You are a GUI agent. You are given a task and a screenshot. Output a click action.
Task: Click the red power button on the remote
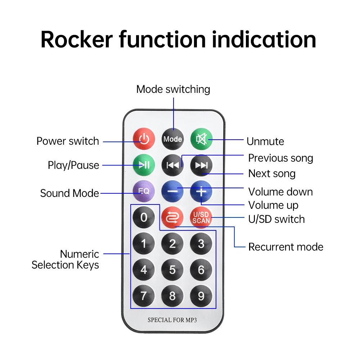(144, 139)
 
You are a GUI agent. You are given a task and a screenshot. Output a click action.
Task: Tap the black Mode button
(172, 139)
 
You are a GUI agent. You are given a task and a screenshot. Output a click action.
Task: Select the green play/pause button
(144, 165)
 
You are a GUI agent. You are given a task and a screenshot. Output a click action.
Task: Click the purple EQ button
(144, 191)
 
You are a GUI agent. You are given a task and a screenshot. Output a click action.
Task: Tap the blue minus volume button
(172, 191)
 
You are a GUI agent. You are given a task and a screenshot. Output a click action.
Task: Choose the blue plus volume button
(201, 191)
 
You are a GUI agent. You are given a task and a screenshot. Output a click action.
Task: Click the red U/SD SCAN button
(201, 217)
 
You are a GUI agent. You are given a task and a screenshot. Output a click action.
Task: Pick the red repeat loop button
(172, 217)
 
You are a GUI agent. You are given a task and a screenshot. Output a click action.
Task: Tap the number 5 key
(172, 270)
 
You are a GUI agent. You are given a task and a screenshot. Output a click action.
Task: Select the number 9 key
(201, 296)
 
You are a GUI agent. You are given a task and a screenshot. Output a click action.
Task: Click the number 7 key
(144, 296)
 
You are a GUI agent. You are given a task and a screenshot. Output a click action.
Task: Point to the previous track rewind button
(172, 165)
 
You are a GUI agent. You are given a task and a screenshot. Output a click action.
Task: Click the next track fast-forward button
(201, 165)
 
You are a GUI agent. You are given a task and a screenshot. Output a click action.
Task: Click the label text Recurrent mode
(286, 247)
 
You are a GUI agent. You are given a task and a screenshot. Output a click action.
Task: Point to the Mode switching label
(173, 89)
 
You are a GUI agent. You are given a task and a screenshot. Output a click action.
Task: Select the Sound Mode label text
(69, 193)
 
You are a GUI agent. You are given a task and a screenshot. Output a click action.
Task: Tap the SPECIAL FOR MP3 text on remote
(172, 320)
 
